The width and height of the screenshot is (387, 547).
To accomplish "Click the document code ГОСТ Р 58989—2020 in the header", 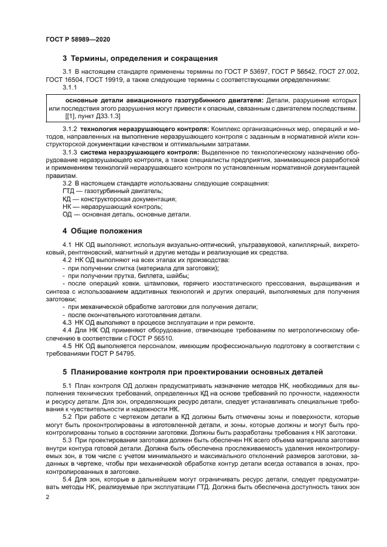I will (78, 39).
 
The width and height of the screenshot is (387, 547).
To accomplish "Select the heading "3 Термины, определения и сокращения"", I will (140, 59).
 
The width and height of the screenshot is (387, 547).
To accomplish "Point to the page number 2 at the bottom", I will (47, 496).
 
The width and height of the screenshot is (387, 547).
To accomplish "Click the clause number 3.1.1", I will (70, 87).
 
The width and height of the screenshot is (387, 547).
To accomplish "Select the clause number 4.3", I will (68, 322).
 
